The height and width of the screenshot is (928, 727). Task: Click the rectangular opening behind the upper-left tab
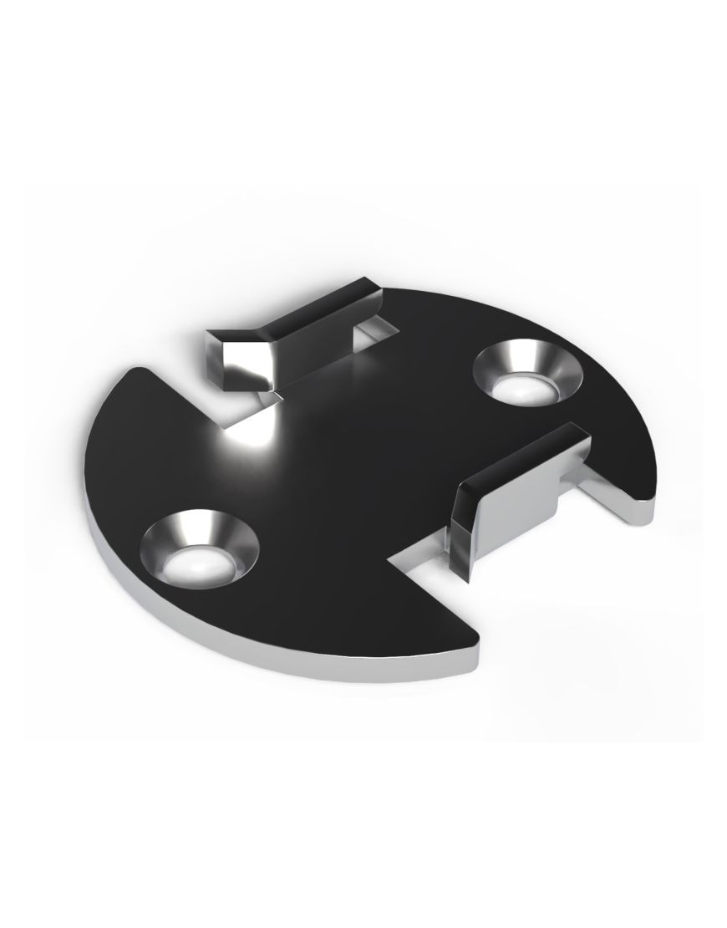pos(377,338)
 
